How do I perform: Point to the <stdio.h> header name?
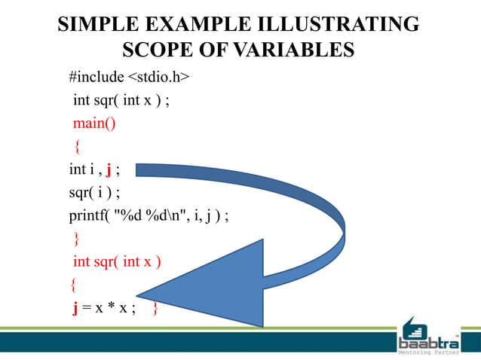point(157,77)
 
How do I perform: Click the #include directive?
point(96,77)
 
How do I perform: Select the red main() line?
point(94,123)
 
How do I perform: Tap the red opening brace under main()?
point(75,146)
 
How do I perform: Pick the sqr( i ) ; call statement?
point(94,192)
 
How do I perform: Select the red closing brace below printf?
point(75,239)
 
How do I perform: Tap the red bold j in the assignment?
point(75,308)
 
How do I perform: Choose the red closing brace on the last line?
point(155,308)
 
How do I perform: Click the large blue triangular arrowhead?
point(219,282)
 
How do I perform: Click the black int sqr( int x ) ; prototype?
point(120,100)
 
